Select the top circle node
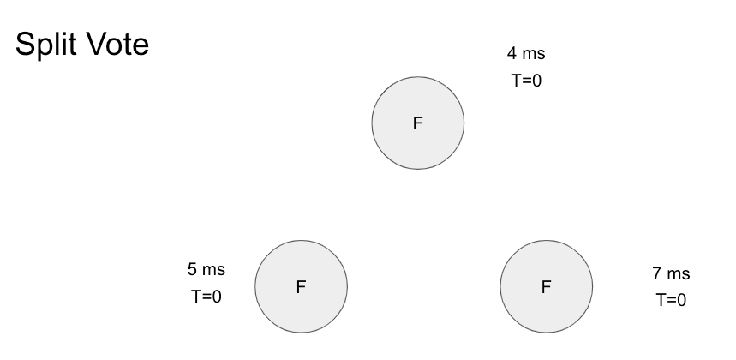tap(418, 123)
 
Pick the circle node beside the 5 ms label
tap(302, 286)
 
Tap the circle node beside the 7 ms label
tap(546, 286)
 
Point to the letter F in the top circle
tap(418, 123)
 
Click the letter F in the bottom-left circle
tap(301, 287)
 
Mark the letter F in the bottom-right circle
tap(546, 287)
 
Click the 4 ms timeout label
tap(526, 54)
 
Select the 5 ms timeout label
tap(206, 270)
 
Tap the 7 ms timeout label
tap(671, 274)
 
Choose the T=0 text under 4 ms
tap(526, 81)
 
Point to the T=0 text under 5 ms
tap(206, 297)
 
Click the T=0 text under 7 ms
tap(671, 300)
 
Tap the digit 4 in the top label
tap(512, 54)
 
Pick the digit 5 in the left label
tap(192, 270)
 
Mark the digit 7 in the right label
tap(656, 274)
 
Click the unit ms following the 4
tap(534, 54)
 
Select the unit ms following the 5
tap(214, 270)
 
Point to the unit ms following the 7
tap(679, 274)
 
